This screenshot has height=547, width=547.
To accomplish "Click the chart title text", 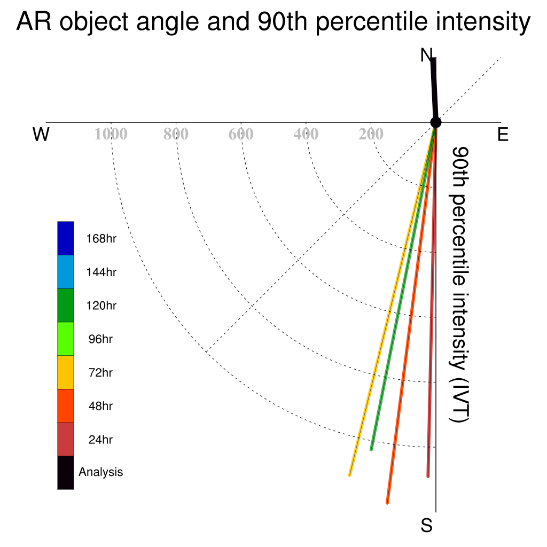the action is point(273,21).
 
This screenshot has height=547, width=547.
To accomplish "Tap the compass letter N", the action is point(426,55).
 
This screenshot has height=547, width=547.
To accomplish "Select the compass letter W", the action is point(41,134).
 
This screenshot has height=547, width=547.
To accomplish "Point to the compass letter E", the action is point(503,134).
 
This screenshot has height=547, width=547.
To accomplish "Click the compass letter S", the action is point(427,525).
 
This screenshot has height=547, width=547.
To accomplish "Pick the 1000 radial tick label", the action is point(111,134).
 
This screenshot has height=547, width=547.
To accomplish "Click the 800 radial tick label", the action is point(176,134).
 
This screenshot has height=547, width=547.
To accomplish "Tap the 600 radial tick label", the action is point(241,134).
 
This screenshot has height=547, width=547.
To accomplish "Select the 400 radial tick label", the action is point(306,134).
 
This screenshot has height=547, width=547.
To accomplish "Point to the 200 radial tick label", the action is point(371,134).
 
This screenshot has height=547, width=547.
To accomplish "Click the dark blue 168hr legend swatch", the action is point(66,238).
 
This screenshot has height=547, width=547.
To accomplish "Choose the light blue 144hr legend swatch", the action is point(66,272).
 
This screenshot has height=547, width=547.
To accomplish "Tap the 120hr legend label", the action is point(101,306).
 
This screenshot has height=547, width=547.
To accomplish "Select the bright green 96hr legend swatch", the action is point(66,339).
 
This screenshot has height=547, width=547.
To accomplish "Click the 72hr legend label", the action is point(100,372).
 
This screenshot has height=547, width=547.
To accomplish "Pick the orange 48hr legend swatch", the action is point(66,406).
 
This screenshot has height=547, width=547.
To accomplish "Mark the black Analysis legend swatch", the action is point(66,473).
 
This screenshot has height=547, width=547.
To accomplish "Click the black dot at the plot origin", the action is point(436,122).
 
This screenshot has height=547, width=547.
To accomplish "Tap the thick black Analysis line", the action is point(434,90).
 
